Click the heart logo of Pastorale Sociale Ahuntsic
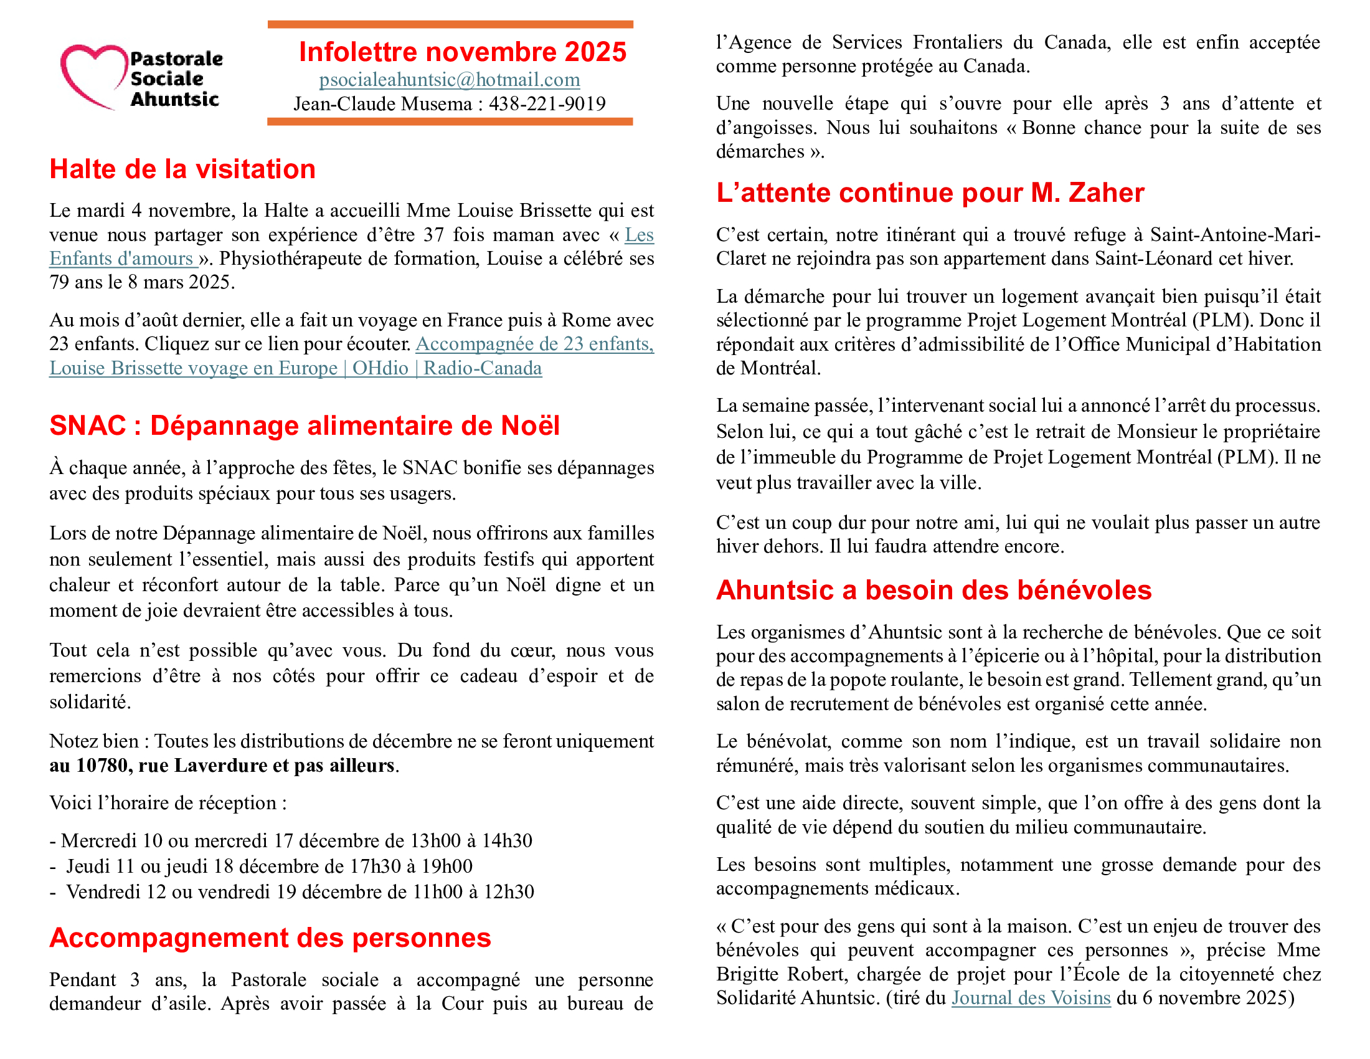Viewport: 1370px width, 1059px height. pyautogui.click(x=93, y=75)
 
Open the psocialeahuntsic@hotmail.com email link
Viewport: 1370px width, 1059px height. pyautogui.click(x=449, y=80)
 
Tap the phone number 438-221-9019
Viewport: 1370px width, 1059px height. pyautogui.click(x=547, y=103)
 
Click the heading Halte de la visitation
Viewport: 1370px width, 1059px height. pyautogui.click(x=182, y=169)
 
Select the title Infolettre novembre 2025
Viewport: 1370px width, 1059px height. pyautogui.click(x=462, y=52)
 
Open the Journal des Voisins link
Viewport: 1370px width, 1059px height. pyautogui.click(x=1031, y=997)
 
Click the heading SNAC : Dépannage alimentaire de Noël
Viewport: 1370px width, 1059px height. pyautogui.click(x=305, y=425)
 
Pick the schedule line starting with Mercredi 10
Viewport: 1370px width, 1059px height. pyautogui.click(x=291, y=841)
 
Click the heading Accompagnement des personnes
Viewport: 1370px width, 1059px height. pyautogui.click(x=270, y=938)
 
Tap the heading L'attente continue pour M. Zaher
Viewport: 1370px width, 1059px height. pyautogui.click(x=930, y=192)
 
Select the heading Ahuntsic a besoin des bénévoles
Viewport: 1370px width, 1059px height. pyautogui.click(x=933, y=591)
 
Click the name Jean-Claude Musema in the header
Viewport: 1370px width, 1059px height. pyautogui.click(x=382, y=103)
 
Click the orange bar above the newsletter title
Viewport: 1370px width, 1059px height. pyautogui.click(x=450, y=24)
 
